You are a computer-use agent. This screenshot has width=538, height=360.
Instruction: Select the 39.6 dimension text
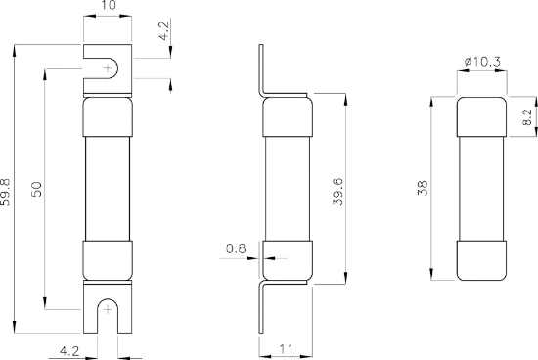pos(335,189)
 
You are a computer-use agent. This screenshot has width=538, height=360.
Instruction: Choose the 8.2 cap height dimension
pos(526,118)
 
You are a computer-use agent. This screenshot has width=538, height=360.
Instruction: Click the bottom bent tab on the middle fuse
pos(260,308)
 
